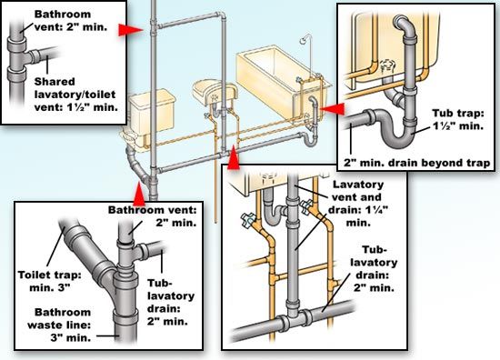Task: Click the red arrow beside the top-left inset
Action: (134, 30)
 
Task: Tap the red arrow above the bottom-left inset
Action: (138, 192)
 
